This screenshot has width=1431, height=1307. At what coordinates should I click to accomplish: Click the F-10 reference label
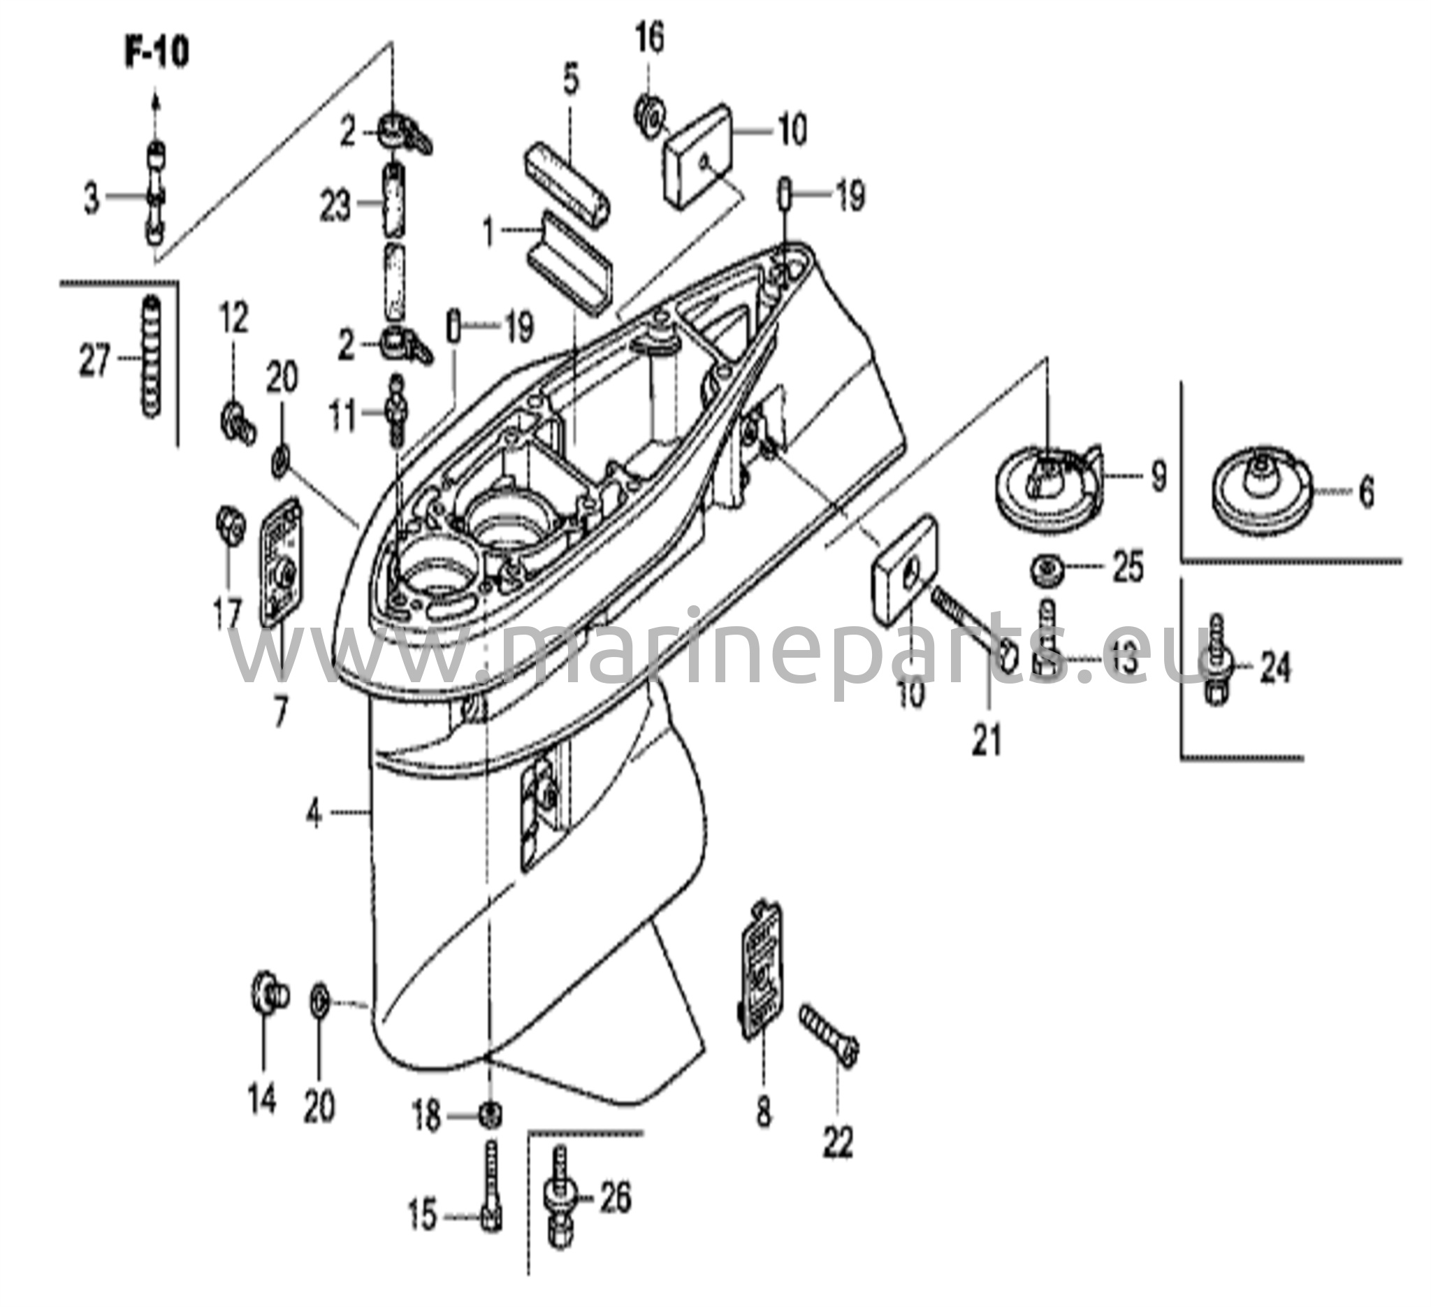(x=158, y=55)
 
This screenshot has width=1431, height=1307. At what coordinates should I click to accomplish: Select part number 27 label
(x=94, y=360)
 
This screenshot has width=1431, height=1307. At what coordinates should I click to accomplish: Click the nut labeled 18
(x=490, y=1116)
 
